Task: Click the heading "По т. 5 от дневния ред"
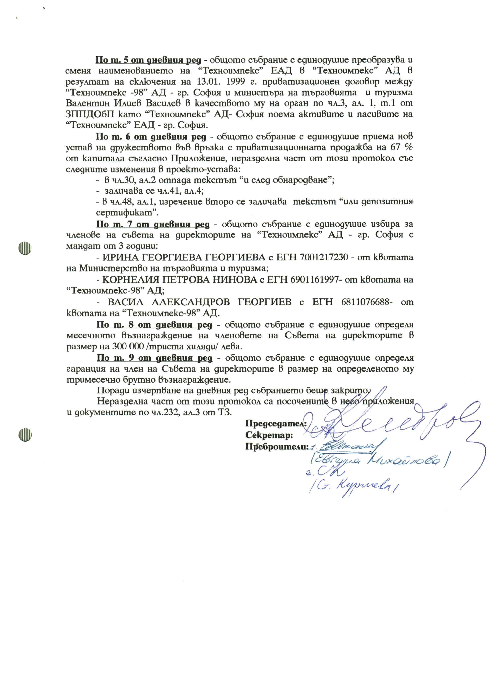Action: point(148,60)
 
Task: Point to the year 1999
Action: point(235,82)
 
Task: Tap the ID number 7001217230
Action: point(323,258)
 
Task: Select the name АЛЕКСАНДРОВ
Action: point(190,302)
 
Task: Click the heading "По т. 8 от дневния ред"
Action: point(154,325)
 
